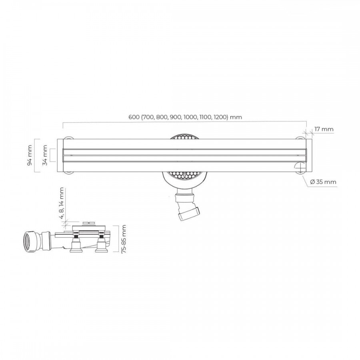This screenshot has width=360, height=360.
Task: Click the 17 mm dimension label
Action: tap(324, 129)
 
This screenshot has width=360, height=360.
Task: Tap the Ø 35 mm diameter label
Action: tap(323, 182)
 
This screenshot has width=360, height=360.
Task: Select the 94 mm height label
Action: tap(30, 155)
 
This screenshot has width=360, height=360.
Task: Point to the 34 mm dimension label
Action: tap(45, 155)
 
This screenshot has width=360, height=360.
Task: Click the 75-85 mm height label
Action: tap(124, 239)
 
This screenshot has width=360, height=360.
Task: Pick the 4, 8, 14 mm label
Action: tap(61, 203)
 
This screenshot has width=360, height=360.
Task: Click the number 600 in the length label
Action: tap(134, 117)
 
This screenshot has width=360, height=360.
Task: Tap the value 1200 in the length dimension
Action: tap(220, 117)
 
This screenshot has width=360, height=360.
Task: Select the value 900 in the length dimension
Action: tap(175, 117)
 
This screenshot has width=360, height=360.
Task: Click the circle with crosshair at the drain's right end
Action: tap(300, 168)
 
